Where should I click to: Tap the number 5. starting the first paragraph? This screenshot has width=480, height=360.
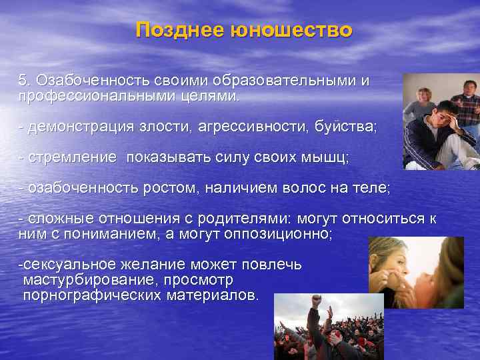coord(25,81)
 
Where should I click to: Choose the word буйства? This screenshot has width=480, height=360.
coord(347,127)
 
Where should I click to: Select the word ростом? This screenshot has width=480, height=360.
coord(170,189)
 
